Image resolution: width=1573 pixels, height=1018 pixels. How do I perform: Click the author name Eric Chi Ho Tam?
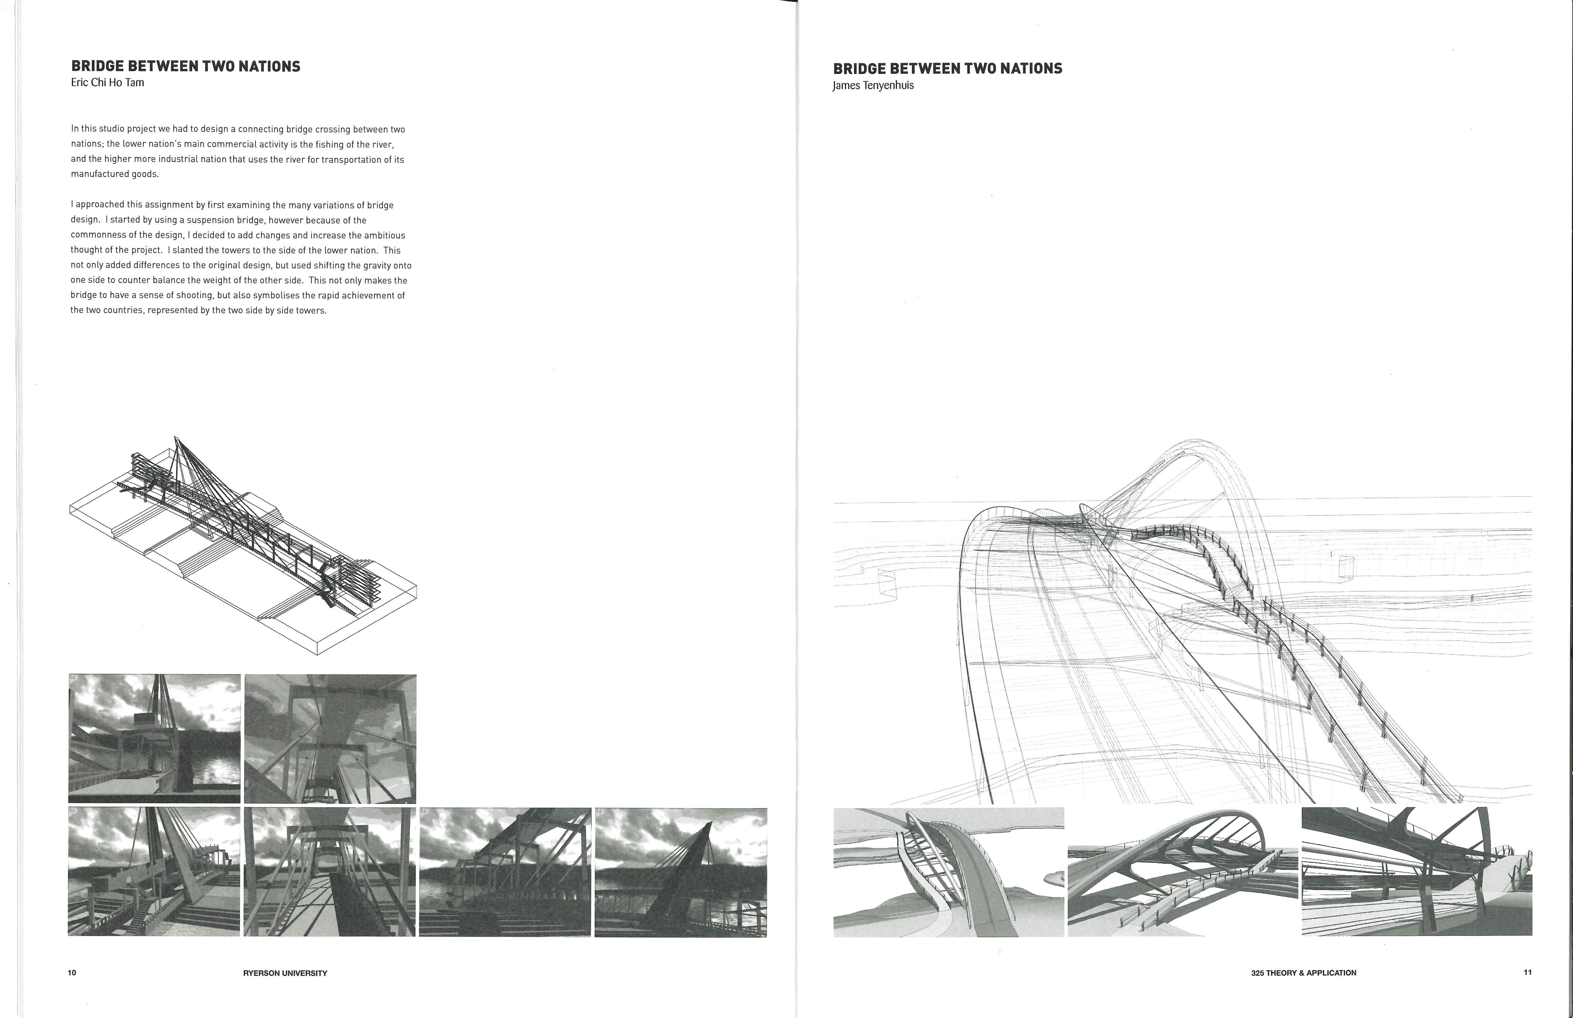click(107, 83)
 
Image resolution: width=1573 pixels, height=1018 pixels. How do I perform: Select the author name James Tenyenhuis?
click(873, 85)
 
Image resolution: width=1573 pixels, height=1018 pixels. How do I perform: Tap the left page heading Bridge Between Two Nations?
click(186, 66)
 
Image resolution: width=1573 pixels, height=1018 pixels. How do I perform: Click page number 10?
click(72, 972)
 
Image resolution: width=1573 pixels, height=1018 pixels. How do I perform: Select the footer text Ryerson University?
click(285, 973)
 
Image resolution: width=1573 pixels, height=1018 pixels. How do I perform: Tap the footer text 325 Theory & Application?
click(1303, 973)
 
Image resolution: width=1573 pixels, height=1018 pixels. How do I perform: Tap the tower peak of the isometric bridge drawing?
click(175, 438)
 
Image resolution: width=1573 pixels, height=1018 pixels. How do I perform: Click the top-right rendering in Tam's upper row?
click(330, 739)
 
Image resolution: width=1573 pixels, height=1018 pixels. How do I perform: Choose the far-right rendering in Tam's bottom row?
click(681, 872)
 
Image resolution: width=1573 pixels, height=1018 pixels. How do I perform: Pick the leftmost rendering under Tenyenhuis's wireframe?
click(948, 872)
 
